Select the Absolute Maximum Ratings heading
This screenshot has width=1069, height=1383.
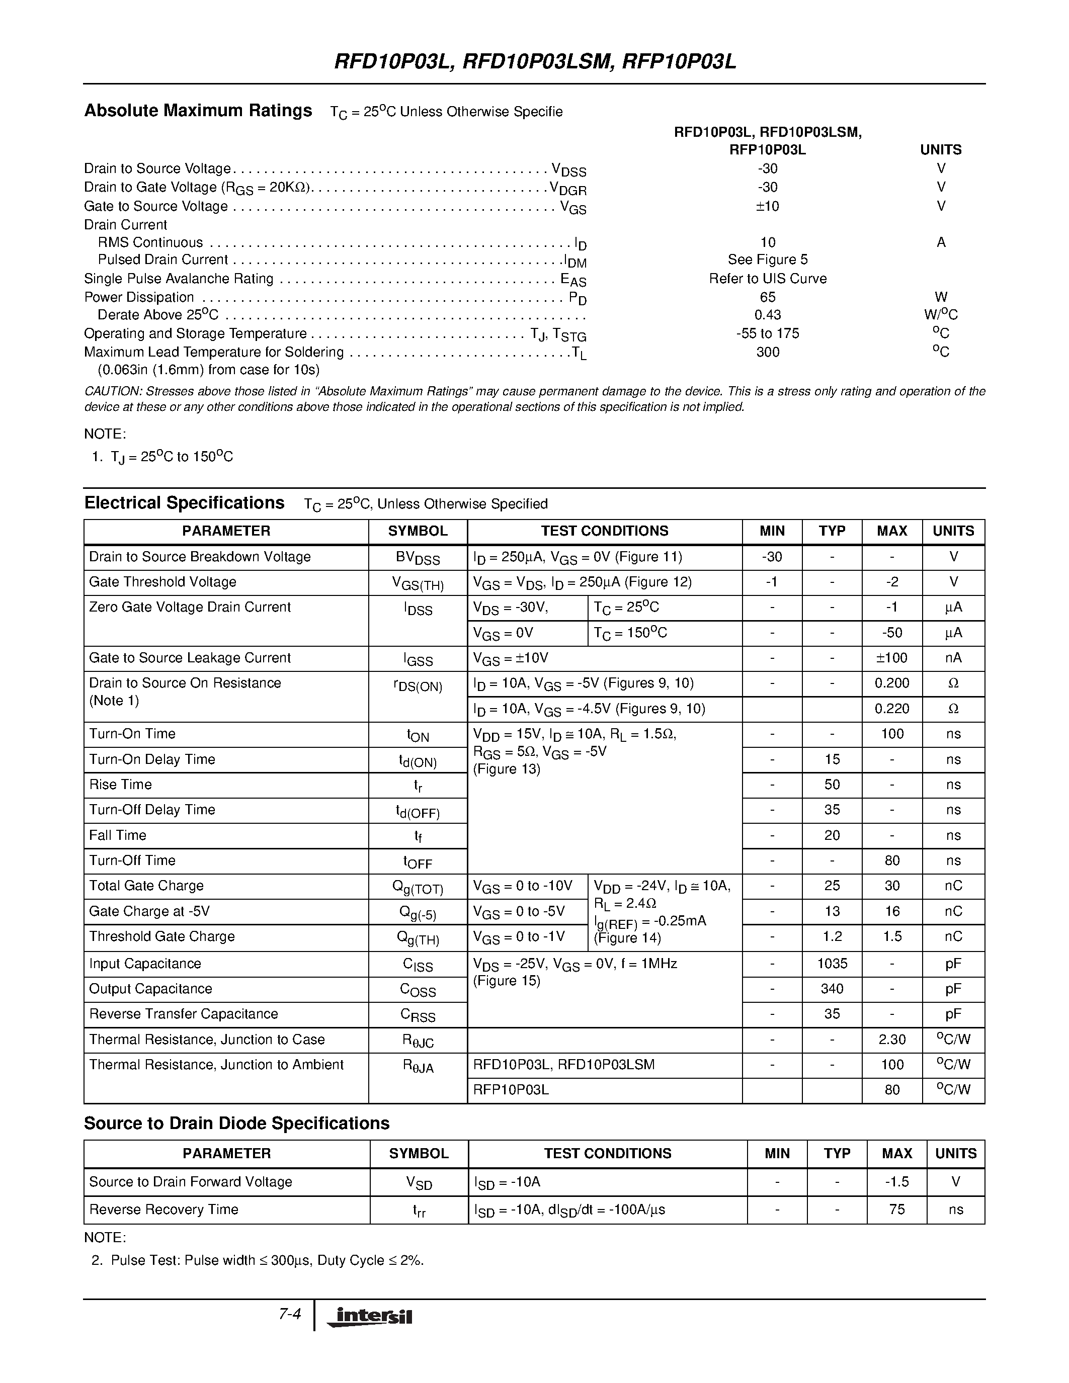(x=198, y=111)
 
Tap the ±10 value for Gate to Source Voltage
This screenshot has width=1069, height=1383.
(x=767, y=206)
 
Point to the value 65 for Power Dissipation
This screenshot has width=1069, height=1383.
(x=767, y=297)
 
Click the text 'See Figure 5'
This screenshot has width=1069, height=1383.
(x=767, y=260)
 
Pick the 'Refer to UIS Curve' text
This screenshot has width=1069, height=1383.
(x=767, y=279)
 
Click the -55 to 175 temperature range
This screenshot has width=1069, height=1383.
(x=767, y=333)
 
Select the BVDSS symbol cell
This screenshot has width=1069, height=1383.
(x=418, y=558)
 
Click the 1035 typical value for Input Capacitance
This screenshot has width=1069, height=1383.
(x=832, y=964)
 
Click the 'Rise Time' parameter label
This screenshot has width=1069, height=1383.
(x=120, y=785)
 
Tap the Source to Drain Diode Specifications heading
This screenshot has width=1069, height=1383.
(x=236, y=1123)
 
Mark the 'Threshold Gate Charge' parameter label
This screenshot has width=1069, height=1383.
(x=161, y=936)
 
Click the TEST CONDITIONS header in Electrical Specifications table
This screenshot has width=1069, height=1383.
(x=604, y=531)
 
